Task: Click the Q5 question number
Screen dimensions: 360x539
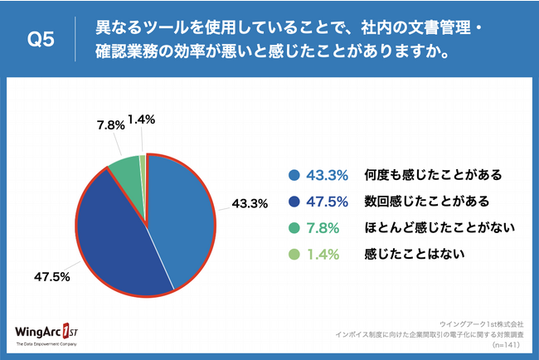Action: click(x=41, y=39)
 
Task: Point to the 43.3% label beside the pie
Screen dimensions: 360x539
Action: click(x=248, y=202)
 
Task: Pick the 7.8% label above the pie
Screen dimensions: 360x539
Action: click(x=110, y=125)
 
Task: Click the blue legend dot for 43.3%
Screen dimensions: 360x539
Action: click(x=294, y=175)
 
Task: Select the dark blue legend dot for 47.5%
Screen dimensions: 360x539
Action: click(x=294, y=202)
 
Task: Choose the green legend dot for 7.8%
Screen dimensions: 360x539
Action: click(x=294, y=228)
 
